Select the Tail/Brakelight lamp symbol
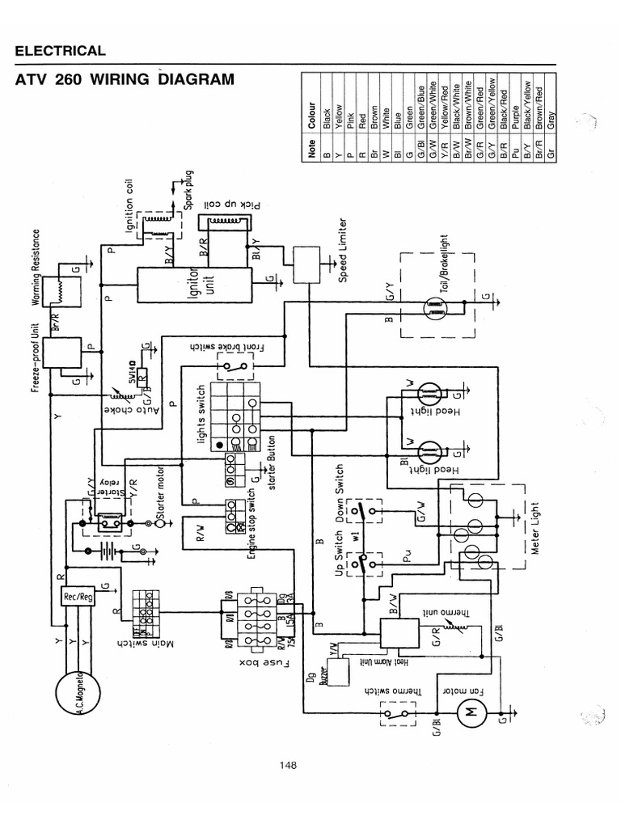pos(433,306)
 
